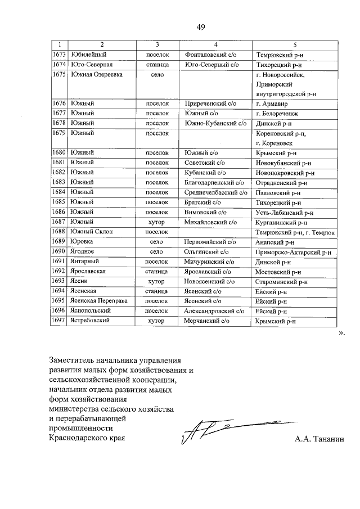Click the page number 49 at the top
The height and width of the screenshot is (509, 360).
tap(200, 27)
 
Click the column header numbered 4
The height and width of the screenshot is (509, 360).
tap(215, 44)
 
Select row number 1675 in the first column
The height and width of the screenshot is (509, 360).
tap(59, 75)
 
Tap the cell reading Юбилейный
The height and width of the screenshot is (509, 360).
tap(89, 55)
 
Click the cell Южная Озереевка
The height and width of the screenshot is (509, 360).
tap(96, 75)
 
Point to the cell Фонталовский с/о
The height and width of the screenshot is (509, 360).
tap(210, 55)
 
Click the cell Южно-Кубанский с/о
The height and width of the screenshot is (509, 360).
tap(216, 123)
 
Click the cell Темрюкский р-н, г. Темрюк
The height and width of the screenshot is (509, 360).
tap(295, 232)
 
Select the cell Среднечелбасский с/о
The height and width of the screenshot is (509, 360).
tap(216, 192)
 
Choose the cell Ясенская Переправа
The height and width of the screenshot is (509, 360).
tap(100, 300)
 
